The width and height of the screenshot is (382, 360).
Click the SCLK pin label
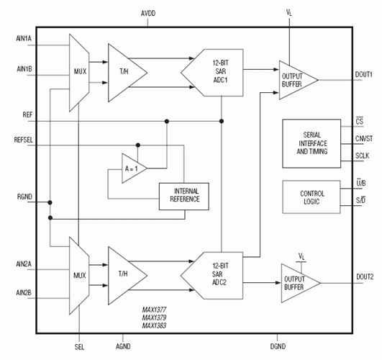(x=362, y=156)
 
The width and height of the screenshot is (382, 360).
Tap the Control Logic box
(x=312, y=198)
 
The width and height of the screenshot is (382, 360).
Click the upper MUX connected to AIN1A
(x=81, y=71)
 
